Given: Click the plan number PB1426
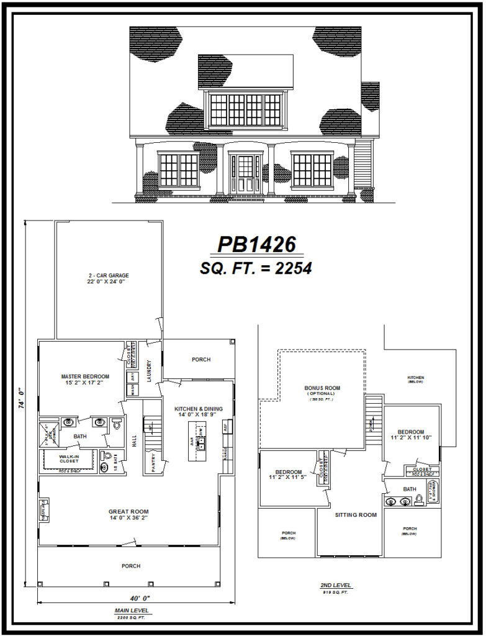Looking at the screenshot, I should click(x=256, y=245).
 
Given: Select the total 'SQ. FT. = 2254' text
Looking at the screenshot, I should click(x=256, y=268).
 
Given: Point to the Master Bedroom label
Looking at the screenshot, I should click(x=85, y=380).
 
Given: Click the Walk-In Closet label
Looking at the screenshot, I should click(x=69, y=458).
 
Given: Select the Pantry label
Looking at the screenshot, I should click(x=149, y=458).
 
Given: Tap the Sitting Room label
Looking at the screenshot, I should click(x=356, y=515).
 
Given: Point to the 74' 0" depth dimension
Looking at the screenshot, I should click(x=21, y=403).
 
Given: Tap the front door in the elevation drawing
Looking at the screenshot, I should click(x=245, y=173).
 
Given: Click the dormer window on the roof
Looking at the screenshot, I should click(x=245, y=109).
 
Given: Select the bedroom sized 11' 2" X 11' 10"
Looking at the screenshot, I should click(x=411, y=435).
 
